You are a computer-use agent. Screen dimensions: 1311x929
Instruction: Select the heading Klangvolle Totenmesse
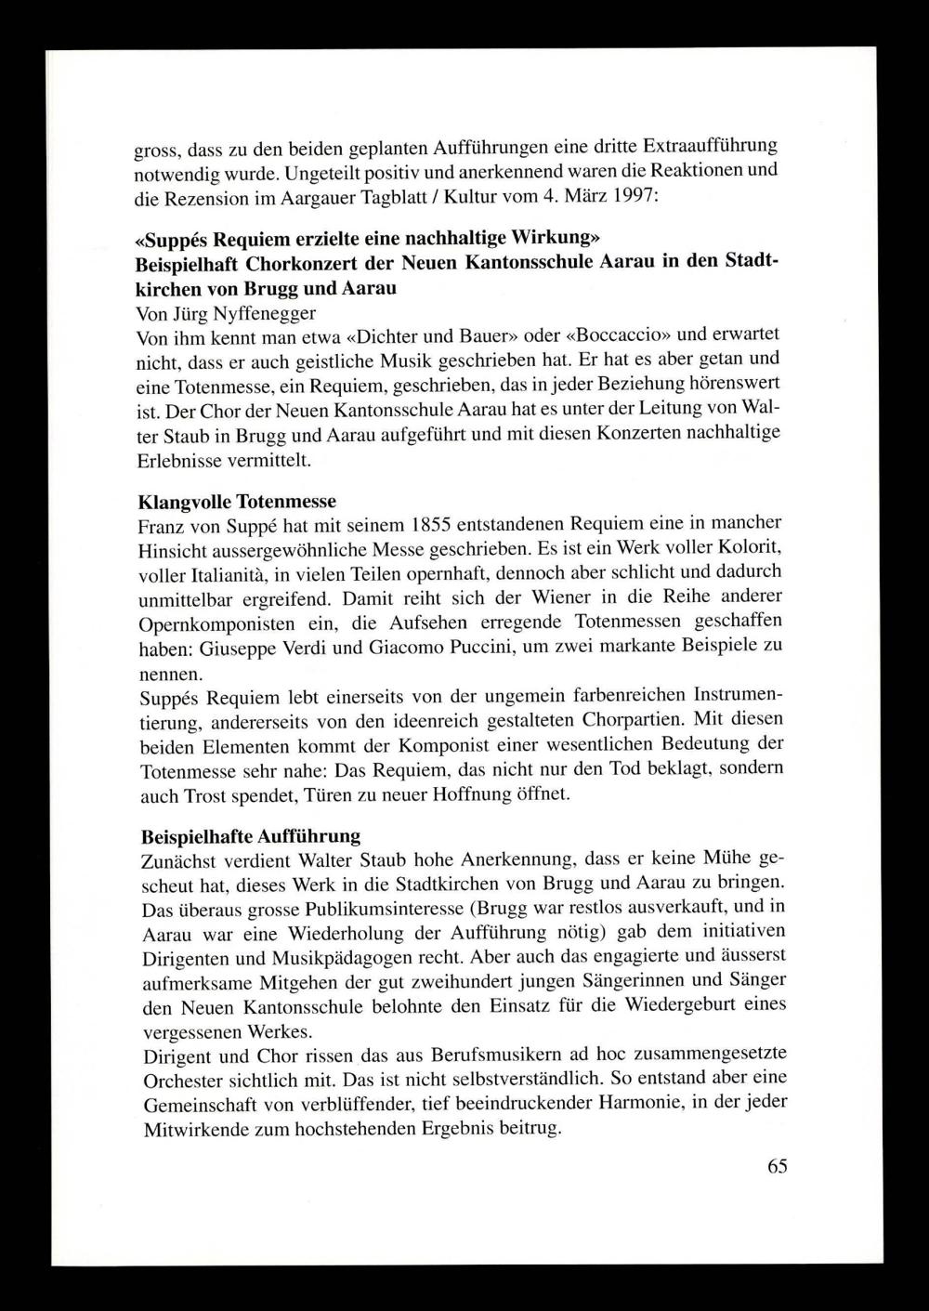[x=237, y=503]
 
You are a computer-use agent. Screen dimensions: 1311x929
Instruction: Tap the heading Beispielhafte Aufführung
[x=251, y=835]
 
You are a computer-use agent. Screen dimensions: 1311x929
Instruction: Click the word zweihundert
[x=563, y=981]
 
